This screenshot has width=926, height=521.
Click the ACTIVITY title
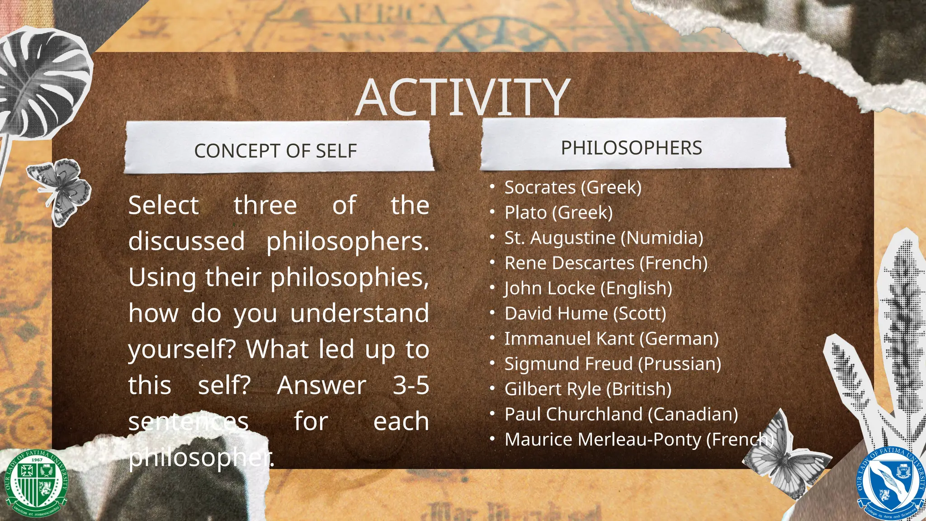pos(463,97)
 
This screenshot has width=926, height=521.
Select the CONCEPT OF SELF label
pos(275,151)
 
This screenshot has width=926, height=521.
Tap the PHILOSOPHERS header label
pos(631,148)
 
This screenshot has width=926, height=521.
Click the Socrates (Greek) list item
pos(573,187)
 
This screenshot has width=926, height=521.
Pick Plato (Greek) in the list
pos(558,213)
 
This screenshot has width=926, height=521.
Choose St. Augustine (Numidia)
pos(604,238)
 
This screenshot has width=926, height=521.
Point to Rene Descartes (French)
pos(606,263)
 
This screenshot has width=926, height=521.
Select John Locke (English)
pos(588,289)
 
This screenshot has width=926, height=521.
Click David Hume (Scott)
pos(585,313)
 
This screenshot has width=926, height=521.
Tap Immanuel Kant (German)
pos(611,339)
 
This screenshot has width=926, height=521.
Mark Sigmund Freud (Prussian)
pos(613,364)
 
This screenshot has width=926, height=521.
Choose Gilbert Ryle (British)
pos(588,389)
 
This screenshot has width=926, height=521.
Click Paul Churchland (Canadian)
pos(621,414)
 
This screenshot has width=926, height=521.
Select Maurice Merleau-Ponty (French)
pos(639,440)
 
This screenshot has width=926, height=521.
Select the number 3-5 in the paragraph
pos(411,386)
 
